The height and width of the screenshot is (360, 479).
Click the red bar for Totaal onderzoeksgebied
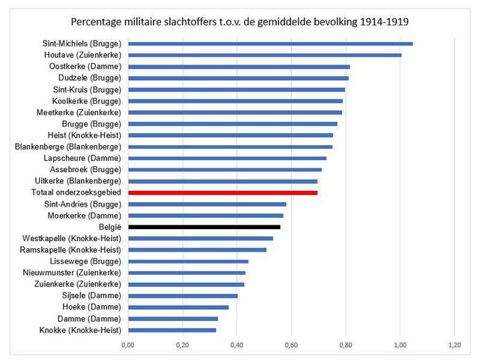tap(222, 192)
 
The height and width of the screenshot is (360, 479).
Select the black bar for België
tap(204, 227)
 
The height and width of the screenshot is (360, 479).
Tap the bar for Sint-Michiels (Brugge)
tap(269, 44)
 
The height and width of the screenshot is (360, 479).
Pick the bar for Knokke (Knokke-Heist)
tap(171, 330)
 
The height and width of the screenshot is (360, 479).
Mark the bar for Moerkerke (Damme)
tap(205, 216)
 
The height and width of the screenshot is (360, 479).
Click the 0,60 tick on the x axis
tap(291, 346)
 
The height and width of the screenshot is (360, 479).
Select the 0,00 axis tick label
tap(128, 346)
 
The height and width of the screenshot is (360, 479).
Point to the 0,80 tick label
tap(346, 346)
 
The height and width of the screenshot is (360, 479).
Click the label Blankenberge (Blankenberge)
tap(68, 147)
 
